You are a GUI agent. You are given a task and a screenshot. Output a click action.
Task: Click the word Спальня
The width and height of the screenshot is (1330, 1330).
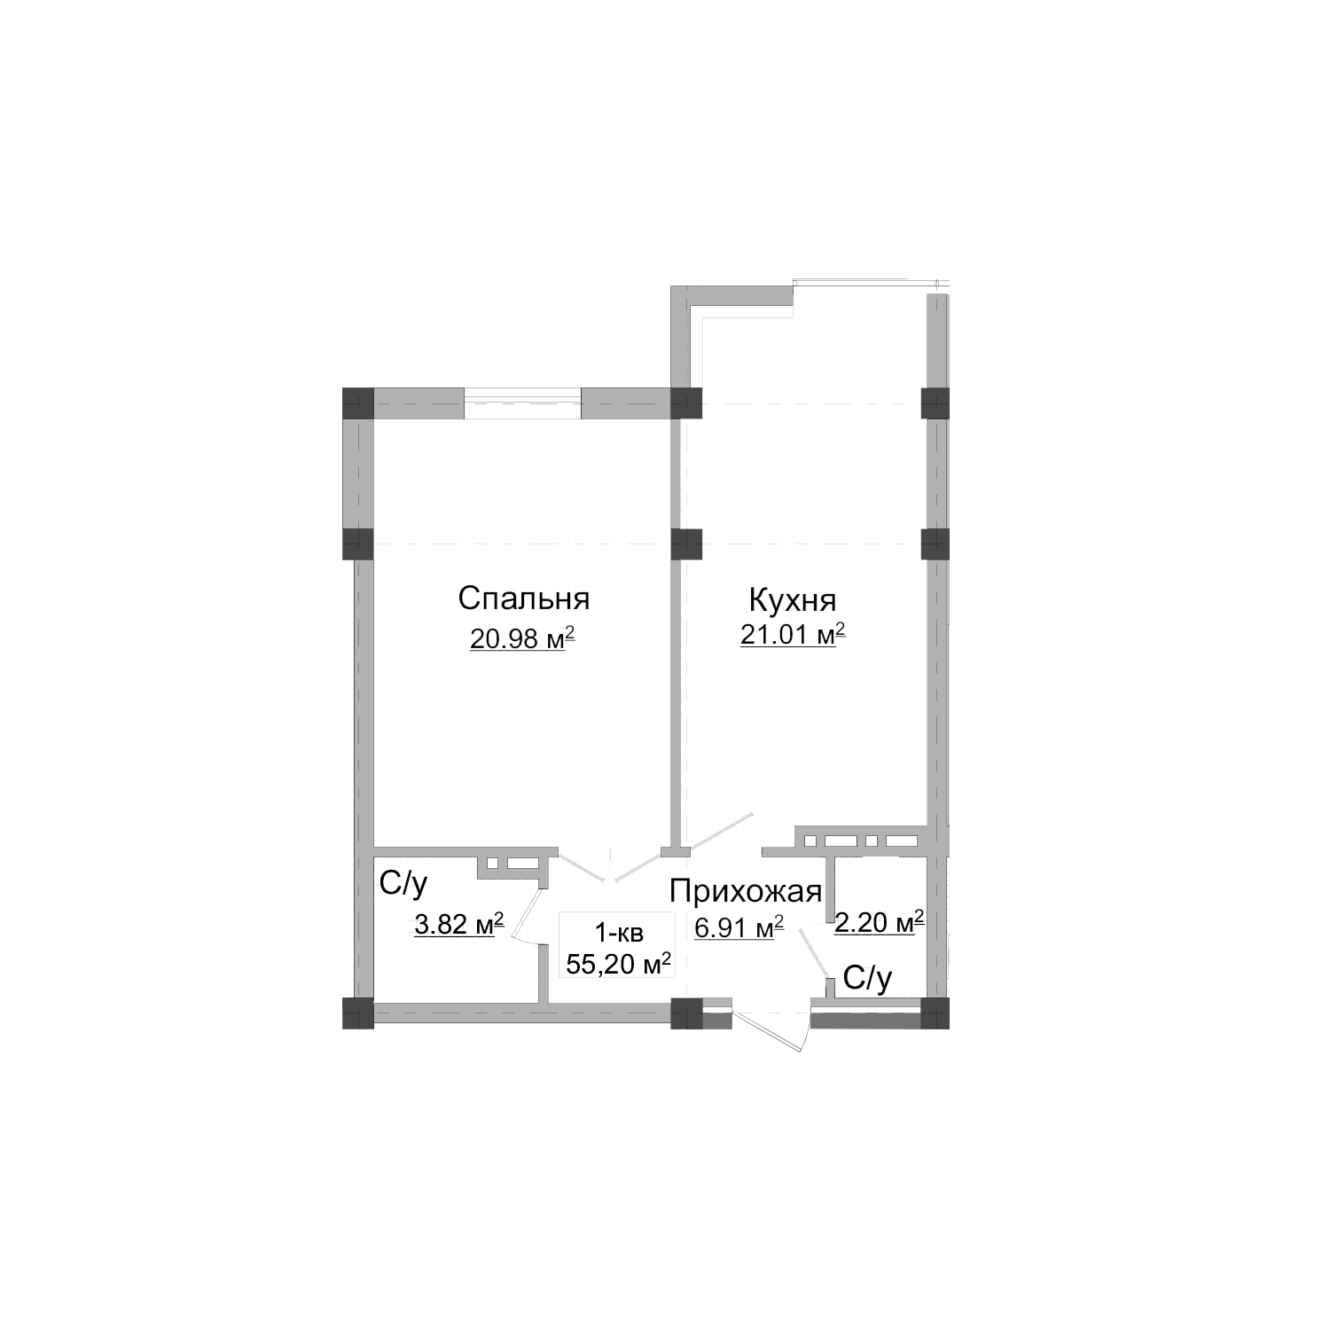pos(523,598)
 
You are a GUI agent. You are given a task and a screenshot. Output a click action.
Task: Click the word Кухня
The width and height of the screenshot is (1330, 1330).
pos(793,600)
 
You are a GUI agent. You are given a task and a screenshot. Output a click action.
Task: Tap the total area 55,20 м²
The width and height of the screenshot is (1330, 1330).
pos(617,964)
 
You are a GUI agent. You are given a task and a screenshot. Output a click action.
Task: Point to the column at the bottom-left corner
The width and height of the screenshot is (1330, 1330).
pos(358,1013)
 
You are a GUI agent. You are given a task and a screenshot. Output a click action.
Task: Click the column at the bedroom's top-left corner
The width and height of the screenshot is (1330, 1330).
pos(358,403)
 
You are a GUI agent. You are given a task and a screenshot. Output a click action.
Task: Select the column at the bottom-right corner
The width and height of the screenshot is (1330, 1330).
pos(935,1013)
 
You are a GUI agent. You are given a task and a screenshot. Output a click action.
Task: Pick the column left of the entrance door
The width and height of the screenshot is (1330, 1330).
pos(686,1013)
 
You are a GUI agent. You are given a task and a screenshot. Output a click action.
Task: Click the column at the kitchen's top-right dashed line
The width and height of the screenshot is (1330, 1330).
pos(935,403)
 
